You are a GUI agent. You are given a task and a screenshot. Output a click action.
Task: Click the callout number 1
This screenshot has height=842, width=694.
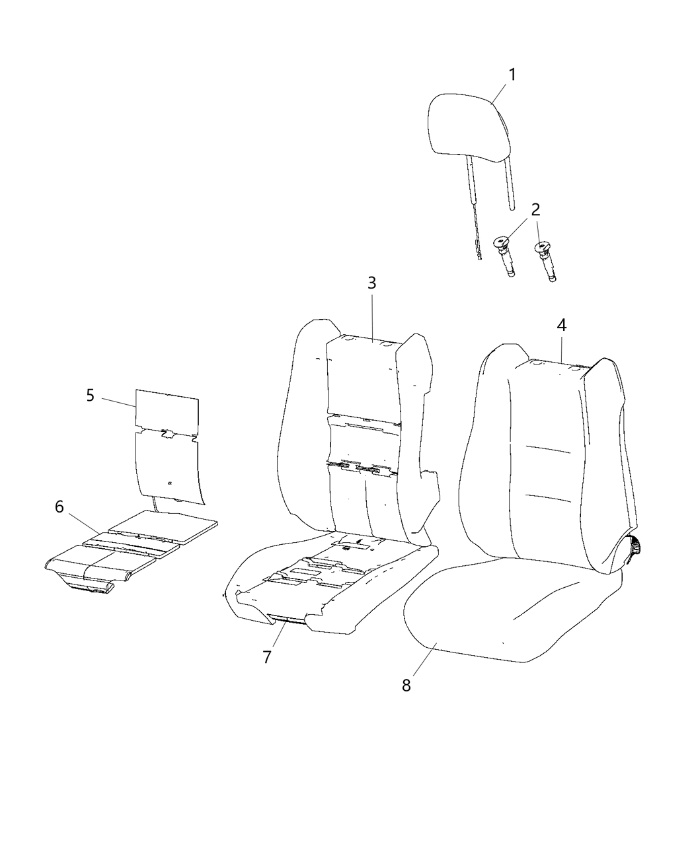click(x=512, y=75)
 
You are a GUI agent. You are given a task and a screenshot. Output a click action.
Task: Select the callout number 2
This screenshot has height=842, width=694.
click(x=535, y=209)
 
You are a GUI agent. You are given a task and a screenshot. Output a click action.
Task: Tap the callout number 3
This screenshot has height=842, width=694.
click(x=372, y=283)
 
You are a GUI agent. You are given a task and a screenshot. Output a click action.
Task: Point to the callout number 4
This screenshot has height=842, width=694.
click(x=561, y=325)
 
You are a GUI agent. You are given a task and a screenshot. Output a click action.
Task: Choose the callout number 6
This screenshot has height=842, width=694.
click(x=59, y=507)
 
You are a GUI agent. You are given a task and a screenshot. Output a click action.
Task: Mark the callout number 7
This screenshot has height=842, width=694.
click(x=267, y=657)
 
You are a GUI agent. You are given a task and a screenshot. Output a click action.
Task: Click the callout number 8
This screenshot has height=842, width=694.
click(x=406, y=685)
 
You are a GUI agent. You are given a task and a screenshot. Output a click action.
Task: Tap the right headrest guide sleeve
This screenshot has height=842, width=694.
click(x=546, y=262)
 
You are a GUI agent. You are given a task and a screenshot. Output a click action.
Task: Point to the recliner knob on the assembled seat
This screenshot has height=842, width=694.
click(x=636, y=547)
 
